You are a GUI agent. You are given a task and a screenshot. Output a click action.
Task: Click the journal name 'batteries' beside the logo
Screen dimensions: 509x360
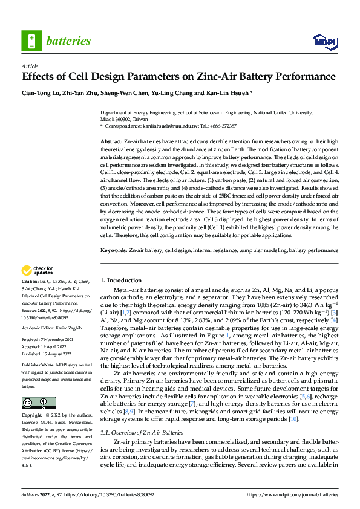tap(68, 41)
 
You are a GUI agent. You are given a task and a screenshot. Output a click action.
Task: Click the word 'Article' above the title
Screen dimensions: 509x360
tap(29, 66)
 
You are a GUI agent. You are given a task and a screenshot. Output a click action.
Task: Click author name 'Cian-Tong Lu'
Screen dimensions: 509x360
tap(41, 92)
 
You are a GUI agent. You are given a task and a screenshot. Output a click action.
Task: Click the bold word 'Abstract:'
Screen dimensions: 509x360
tap(111, 140)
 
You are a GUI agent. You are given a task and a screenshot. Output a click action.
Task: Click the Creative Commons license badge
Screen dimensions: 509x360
tap(38, 403)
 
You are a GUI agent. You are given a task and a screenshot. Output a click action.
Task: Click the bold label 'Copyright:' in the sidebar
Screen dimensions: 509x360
tap(33, 416)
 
